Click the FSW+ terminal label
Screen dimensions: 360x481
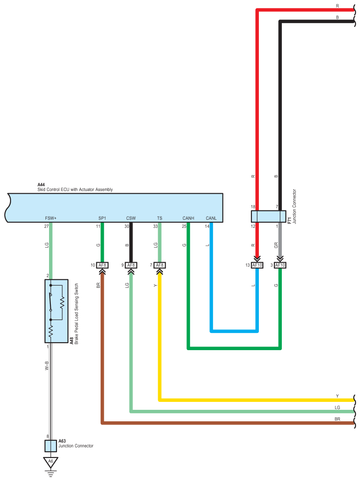[51, 218]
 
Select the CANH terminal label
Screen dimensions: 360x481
[189, 218]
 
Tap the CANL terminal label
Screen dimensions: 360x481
[211, 218]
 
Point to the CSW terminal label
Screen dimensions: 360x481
[131, 218]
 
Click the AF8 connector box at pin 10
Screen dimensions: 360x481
[102, 265]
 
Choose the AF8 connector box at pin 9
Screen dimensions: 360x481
[131, 265]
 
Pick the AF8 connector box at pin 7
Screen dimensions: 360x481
[159, 265]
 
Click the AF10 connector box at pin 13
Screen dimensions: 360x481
[257, 265]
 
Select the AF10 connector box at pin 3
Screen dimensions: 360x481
[280, 265]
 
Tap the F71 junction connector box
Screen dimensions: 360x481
[269, 216]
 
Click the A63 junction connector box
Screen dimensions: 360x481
[51, 446]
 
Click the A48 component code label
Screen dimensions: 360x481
[72, 340]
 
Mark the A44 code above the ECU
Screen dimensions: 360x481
[41, 185]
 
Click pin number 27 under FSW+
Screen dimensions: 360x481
[46, 226]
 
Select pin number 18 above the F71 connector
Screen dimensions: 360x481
[253, 207]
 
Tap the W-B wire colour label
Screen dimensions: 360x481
[47, 366]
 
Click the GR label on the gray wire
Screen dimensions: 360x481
[276, 245]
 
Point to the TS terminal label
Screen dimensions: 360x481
[159, 218]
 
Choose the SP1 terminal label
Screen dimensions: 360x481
[102, 218]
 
